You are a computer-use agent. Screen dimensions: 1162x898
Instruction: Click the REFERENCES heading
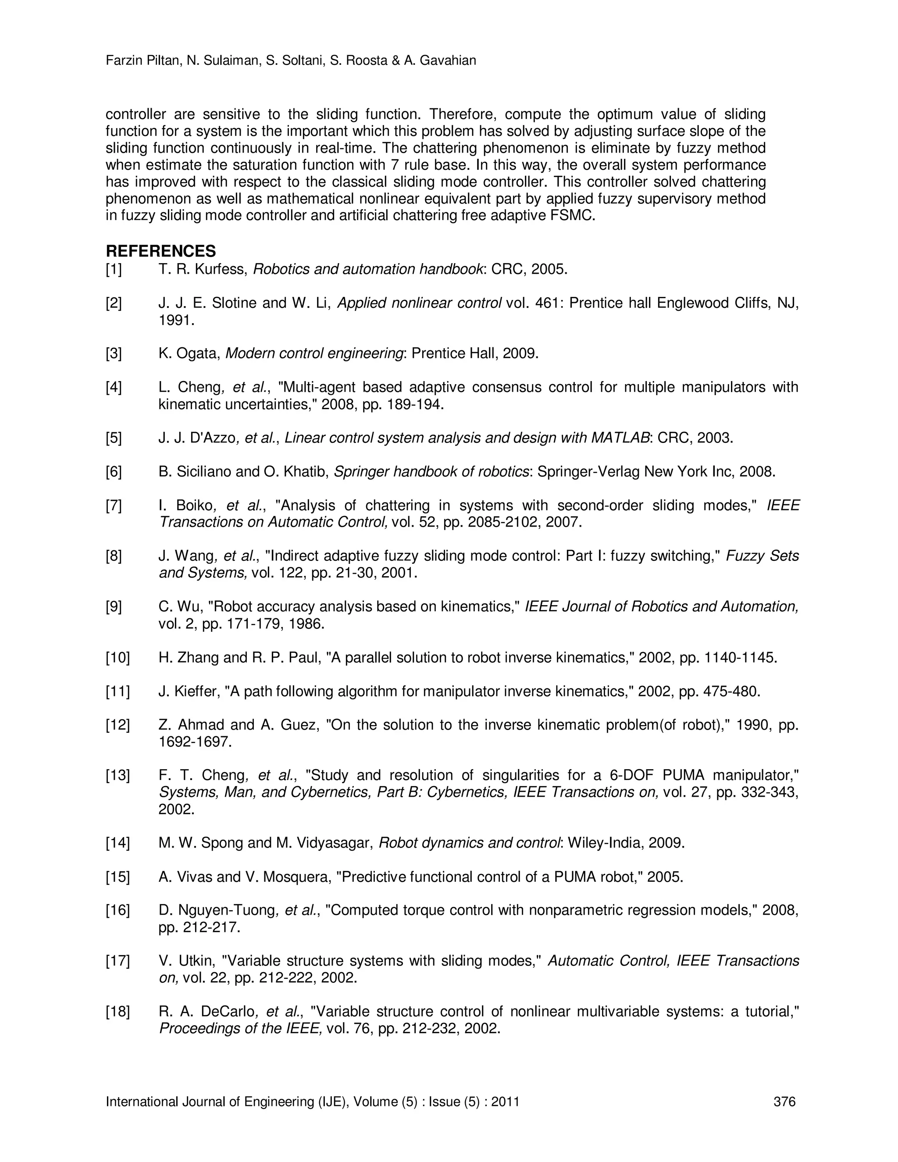click(160, 251)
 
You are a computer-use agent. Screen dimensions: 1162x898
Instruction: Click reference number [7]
click(114, 506)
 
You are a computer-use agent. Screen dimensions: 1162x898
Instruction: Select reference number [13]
click(117, 776)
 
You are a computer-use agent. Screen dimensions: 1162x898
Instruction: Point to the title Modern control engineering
click(314, 353)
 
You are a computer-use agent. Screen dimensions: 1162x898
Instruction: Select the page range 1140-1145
click(741, 658)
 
